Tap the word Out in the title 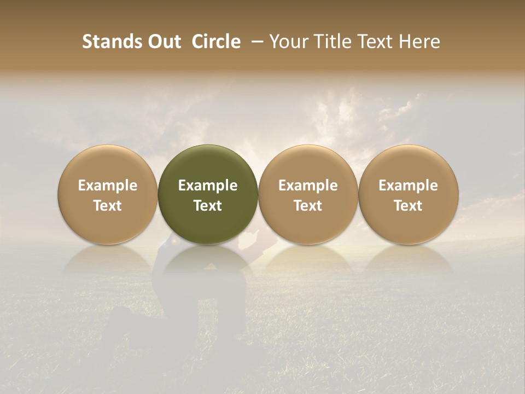point(162,42)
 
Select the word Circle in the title point(216,42)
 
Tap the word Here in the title point(421,42)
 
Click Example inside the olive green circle point(208,186)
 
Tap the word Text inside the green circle point(208,206)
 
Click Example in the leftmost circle point(108,186)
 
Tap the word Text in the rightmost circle point(409,206)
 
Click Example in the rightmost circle point(409,186)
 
